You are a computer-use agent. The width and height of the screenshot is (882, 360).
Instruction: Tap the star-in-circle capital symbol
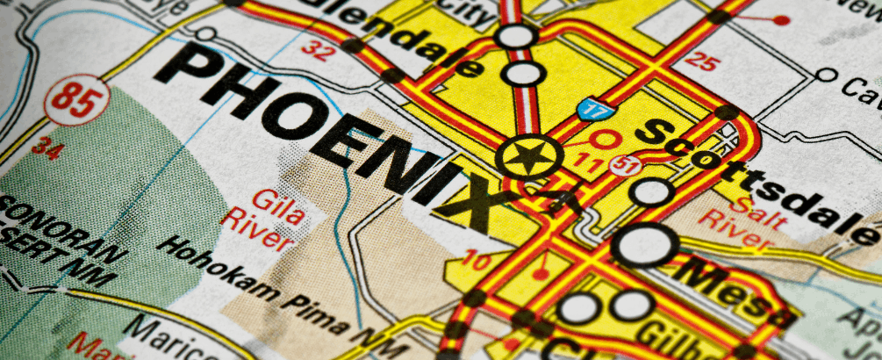[528, 158]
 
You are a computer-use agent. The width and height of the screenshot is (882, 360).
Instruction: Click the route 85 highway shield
[77, 98]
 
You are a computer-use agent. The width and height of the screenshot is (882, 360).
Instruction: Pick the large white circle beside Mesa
[644, 245]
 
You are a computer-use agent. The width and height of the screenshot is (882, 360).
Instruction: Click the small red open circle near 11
[604, 139]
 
